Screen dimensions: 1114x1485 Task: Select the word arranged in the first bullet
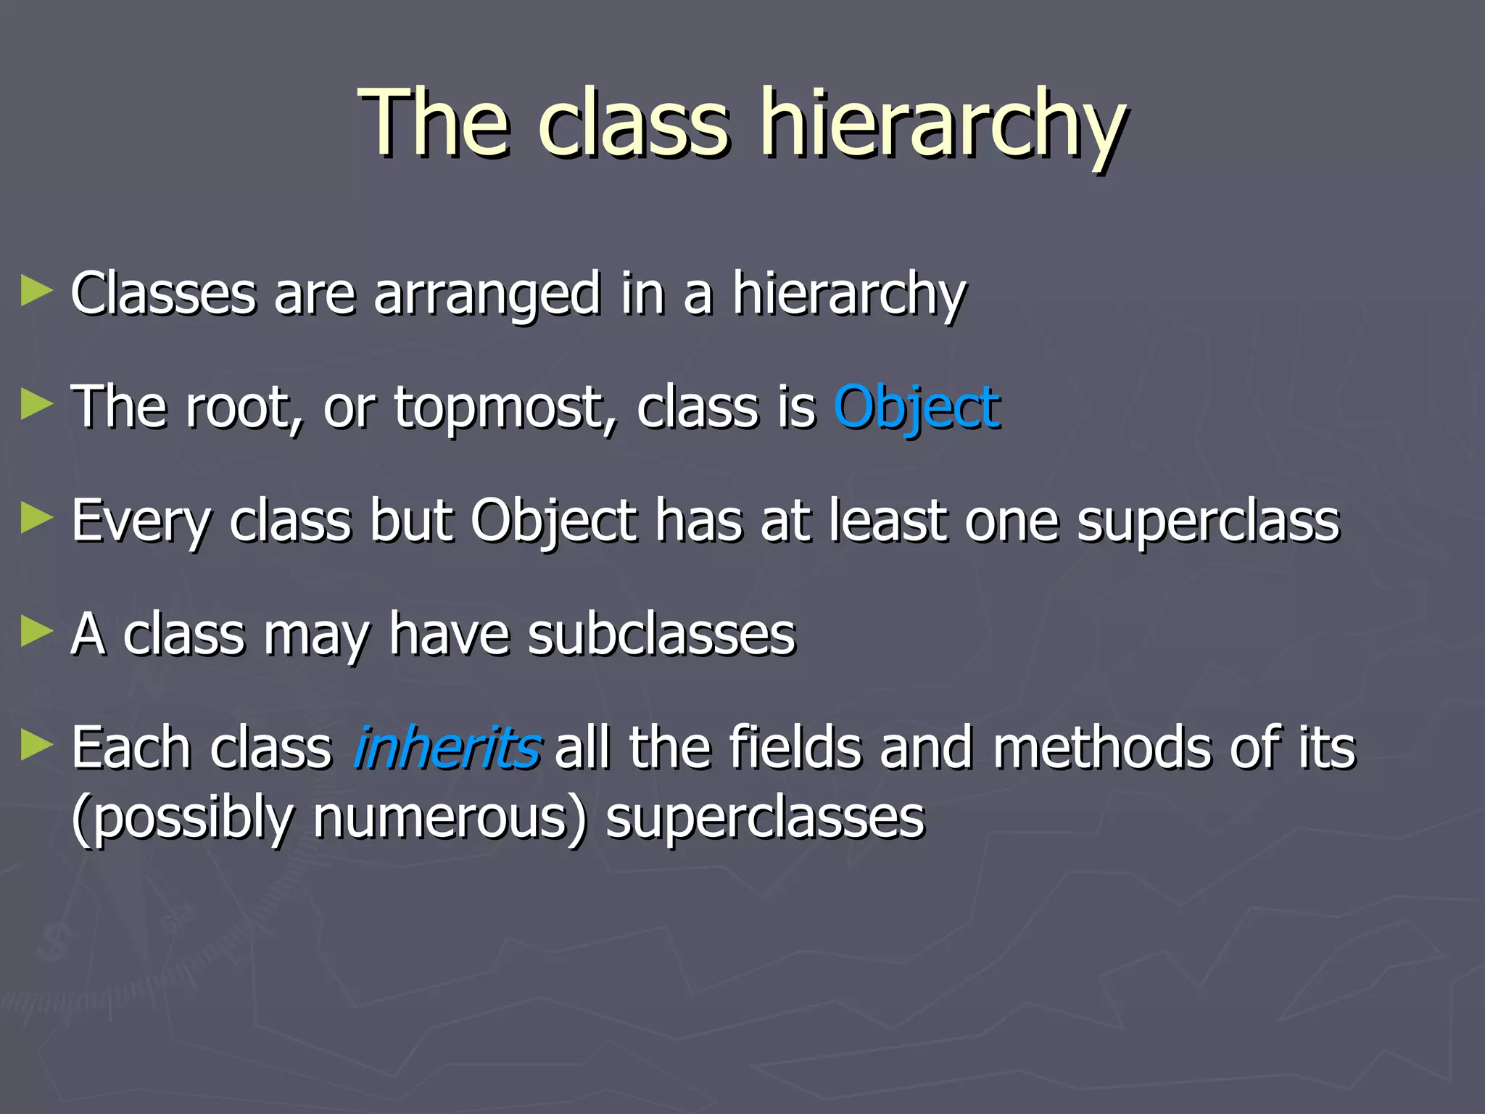tap(487, 295)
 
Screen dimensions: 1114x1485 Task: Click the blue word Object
tap(917, 408)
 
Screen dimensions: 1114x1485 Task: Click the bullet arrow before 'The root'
tap(36, 404)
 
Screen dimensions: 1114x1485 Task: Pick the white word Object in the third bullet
tap(554, 521)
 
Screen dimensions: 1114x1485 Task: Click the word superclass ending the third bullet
tap(1208, 521)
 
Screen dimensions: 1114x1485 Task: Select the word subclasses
tap(661, 635)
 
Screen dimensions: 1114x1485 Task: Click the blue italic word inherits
tap(446, 748)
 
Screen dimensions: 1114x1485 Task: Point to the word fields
tap(794, 748)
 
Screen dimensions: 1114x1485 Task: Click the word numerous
tap(450, 818)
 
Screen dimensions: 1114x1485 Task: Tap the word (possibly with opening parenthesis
tap(182, 818)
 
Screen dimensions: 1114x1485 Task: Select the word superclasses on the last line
tap(765, 818)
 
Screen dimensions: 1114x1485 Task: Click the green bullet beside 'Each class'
tap(36, 745)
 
